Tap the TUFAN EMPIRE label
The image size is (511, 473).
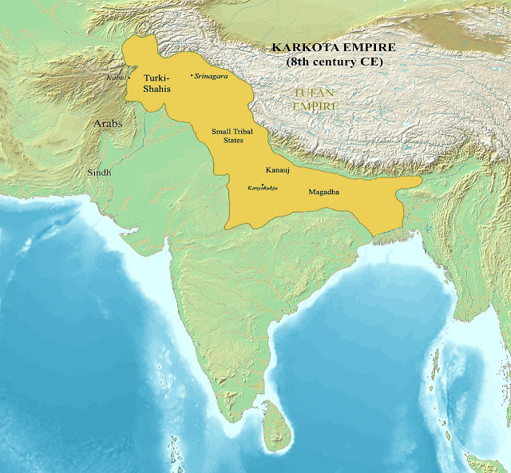click(x=314, y=99)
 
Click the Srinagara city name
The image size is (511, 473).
click(x=212, y=77)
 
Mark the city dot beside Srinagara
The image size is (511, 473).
click(x=192, y=77)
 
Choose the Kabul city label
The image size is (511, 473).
click(x=117, y=78)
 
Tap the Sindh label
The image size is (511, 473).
click(x=100, y=172)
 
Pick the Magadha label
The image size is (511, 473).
click(x=323, y=192)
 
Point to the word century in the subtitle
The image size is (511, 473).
click(x=332, y=62)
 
